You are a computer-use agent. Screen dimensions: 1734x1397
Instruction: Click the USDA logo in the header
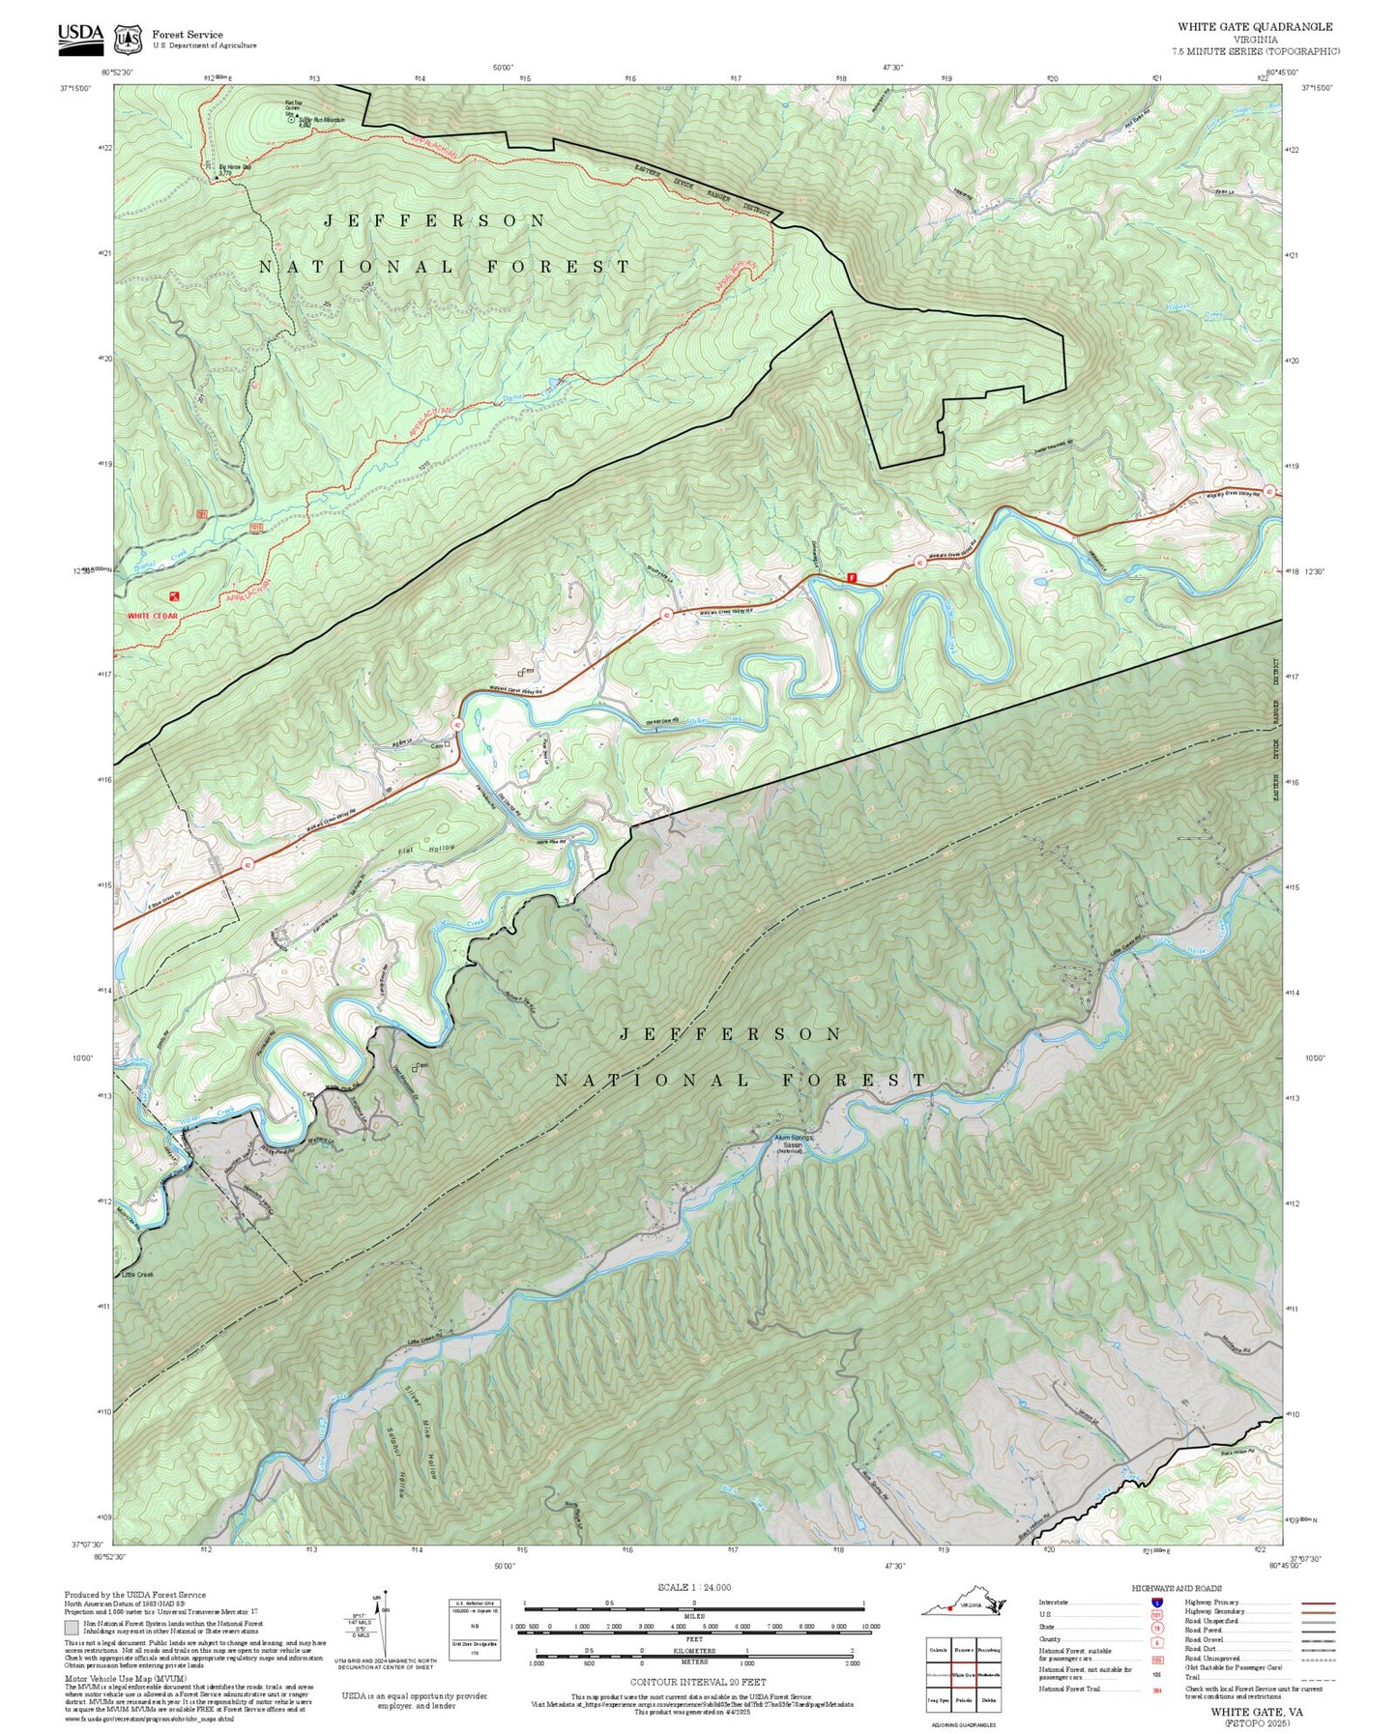click(79, 37)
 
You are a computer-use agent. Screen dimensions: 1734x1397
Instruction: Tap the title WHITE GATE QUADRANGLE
click(1254, 27)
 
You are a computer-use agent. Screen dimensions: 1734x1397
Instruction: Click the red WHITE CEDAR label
click(153, 615)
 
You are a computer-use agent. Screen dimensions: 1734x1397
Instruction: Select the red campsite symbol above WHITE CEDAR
click(174, 597)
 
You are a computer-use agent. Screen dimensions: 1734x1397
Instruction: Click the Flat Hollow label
click(426, 851)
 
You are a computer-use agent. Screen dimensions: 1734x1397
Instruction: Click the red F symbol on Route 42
click(852, 577)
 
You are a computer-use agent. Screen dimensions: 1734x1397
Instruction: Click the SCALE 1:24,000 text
click(693, 1587)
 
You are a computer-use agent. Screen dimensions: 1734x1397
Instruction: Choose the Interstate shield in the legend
click(1156, 1603)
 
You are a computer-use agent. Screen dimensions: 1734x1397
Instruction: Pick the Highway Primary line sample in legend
click(1318, 1603)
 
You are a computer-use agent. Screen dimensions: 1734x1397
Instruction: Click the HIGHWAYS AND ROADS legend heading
click(1176, 1588)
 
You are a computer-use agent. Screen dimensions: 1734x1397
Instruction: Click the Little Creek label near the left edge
click(138, 1274)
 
